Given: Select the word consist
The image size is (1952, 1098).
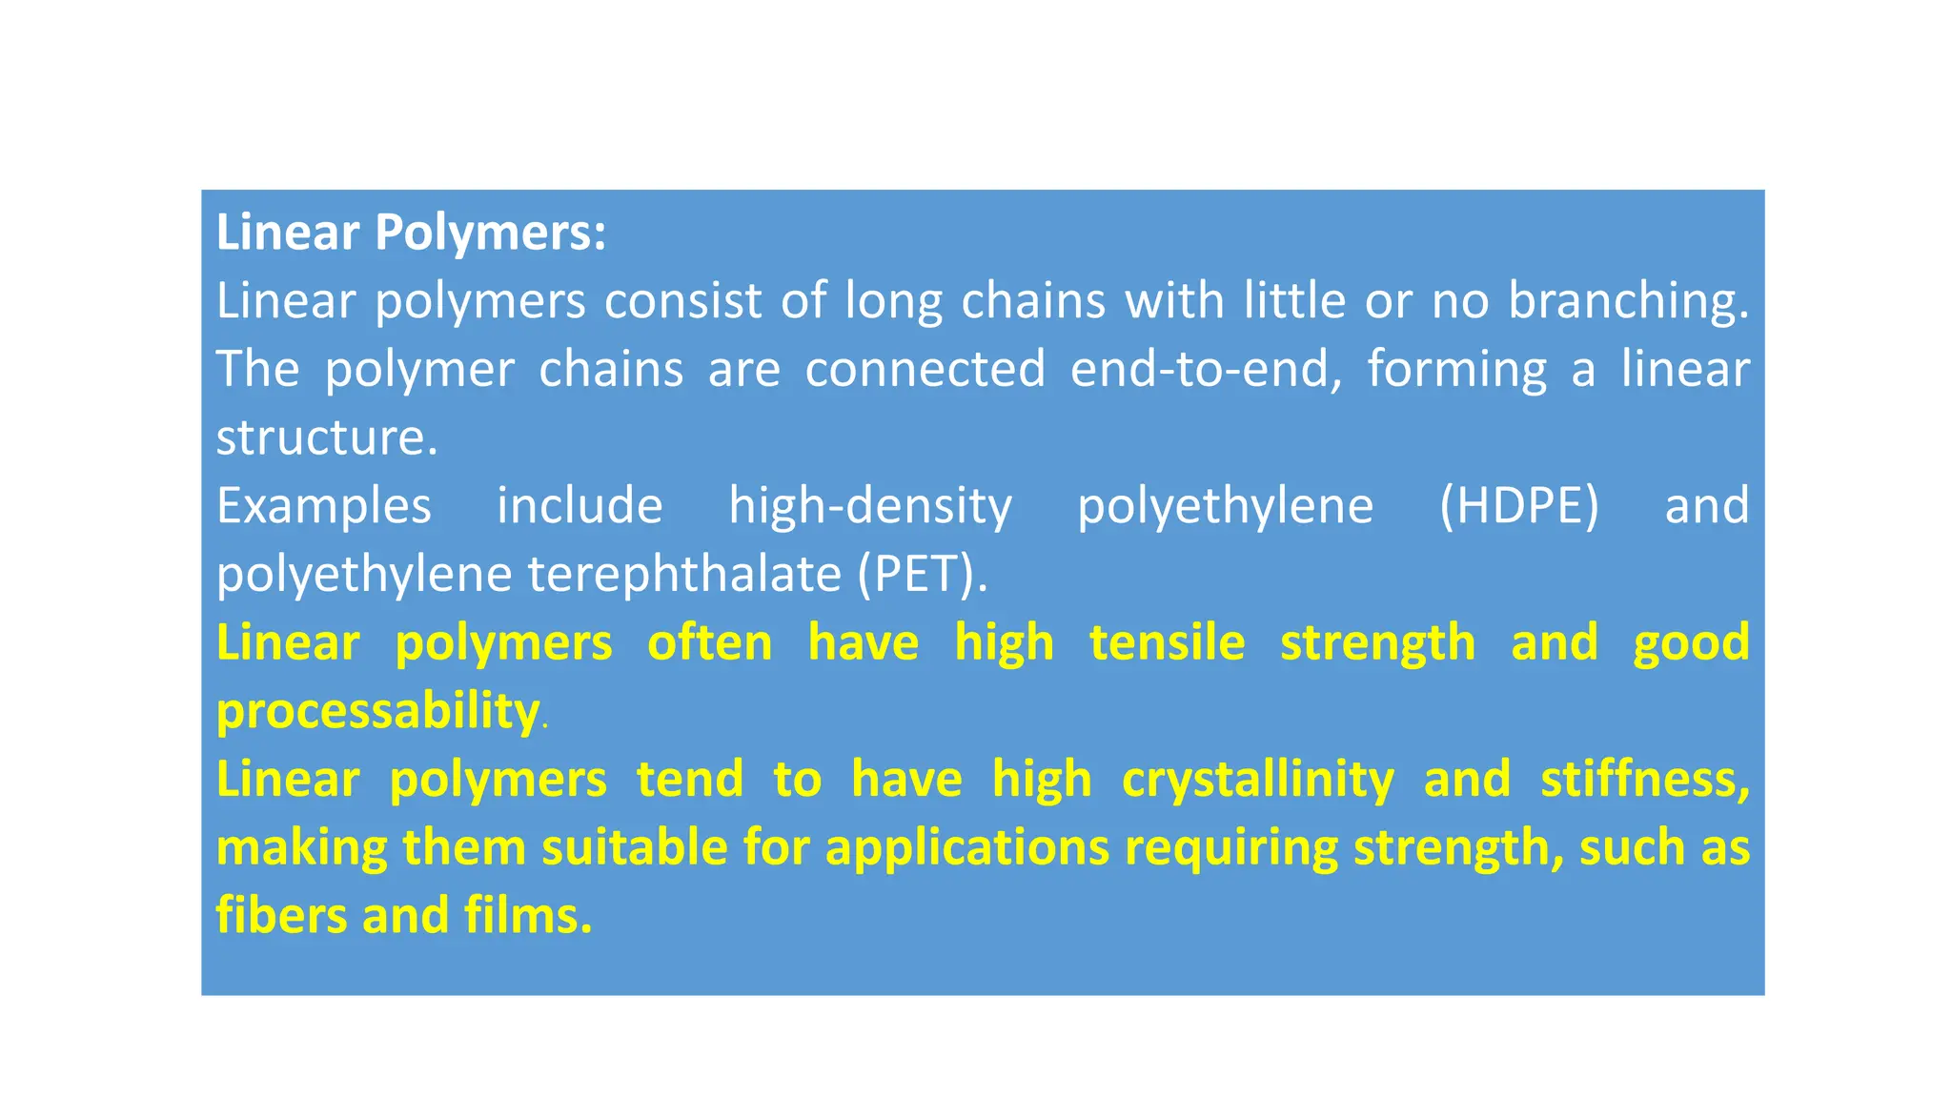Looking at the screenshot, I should point(682,301).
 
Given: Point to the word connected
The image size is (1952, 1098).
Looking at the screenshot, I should point(925,369).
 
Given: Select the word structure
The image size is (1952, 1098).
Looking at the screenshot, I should point(326,437).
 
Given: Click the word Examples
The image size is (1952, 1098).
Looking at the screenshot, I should point(324,506).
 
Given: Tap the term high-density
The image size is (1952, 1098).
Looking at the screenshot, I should point(870,506).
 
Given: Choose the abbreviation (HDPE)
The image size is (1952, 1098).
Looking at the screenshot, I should point(1519,506).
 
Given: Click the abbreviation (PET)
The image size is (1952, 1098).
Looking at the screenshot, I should point(921,574).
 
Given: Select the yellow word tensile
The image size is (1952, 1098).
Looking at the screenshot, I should point(1167,641).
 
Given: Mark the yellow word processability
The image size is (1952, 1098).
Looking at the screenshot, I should point(377,711).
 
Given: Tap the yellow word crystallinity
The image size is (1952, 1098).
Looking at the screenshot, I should point(1257,780).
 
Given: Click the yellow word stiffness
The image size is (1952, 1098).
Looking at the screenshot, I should point(1644,780).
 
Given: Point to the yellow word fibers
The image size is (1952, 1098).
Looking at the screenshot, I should point(281,915).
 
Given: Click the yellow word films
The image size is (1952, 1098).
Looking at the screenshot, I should point(528,915).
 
